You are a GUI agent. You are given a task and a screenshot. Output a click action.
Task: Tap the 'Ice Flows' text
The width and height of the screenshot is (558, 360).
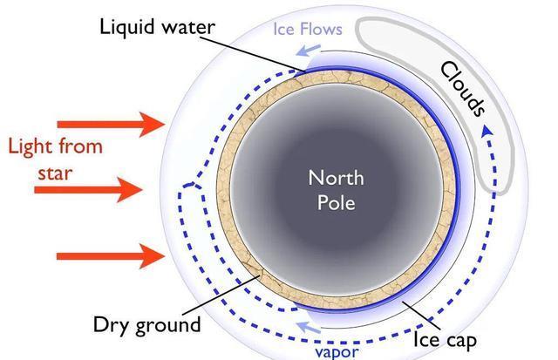[309, 29]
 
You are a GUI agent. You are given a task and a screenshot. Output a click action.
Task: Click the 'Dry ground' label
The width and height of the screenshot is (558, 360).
[146, 325]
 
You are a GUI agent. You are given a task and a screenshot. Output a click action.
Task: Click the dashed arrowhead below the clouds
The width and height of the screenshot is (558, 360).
[486, 131]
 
